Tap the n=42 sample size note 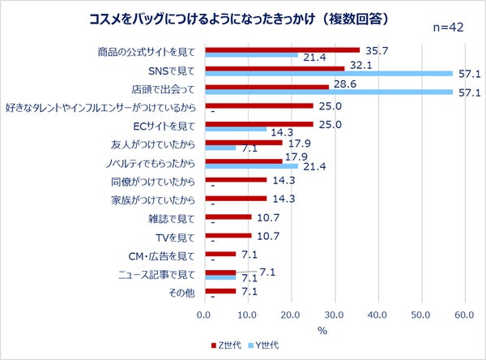point(444,28)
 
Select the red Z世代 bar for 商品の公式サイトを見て point(282,49)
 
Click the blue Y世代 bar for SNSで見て point(328,73)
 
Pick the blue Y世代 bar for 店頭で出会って point(328,92)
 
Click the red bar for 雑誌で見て point(228,216)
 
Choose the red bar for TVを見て point(228,235)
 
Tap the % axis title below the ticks point(322,330)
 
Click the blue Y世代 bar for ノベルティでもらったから point(251,166)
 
